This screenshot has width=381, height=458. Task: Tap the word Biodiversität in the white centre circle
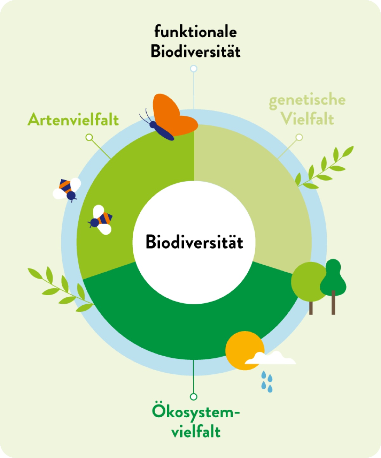[x=194, y=242]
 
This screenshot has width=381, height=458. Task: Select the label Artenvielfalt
[x=73, y=120]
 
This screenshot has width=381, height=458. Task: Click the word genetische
[x=307, y=100]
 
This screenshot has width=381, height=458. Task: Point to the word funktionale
[x=196, y=32]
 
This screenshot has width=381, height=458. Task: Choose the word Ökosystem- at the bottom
[x=196, y=413]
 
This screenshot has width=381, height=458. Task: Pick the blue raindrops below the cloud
[x=267, y=381]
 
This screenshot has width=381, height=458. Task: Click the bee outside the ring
[x=67, y=189]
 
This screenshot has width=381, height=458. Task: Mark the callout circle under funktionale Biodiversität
[x=193, y=69]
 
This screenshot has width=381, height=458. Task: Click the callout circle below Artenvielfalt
[x=89, y=137]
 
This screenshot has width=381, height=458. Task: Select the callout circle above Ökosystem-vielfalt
[x=193, y=397]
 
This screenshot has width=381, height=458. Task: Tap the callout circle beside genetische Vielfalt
[x=299, y=137]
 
